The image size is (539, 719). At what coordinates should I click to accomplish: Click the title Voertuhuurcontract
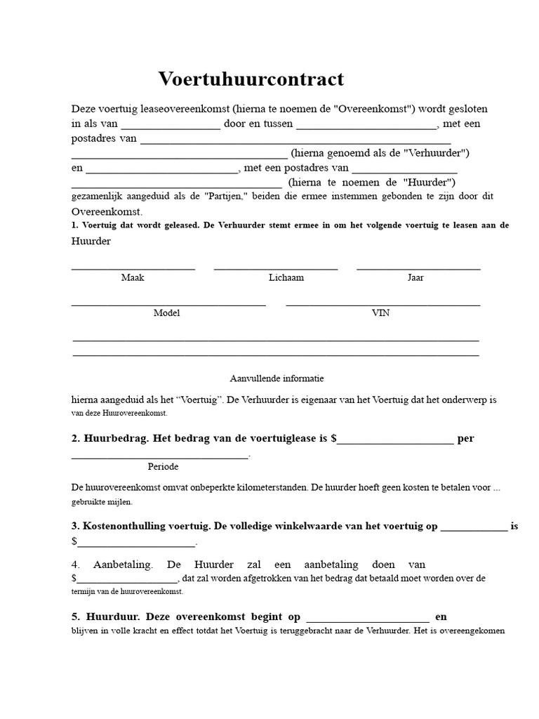click(251, 79)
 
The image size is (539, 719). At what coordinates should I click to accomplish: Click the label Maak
click(133, 277)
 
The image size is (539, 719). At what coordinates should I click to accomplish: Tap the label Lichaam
click(286, 277)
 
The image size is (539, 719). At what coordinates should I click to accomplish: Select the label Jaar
click(415, 277)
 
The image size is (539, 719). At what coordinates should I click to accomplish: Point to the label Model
click(167, 313)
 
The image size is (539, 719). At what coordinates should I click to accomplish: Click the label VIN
click(380, 313)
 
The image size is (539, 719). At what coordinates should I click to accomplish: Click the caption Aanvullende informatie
click(277, 378)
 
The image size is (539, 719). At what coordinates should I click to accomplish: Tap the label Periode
click(163, 466)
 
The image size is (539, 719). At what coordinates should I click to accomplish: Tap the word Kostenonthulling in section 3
click(124, 525)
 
